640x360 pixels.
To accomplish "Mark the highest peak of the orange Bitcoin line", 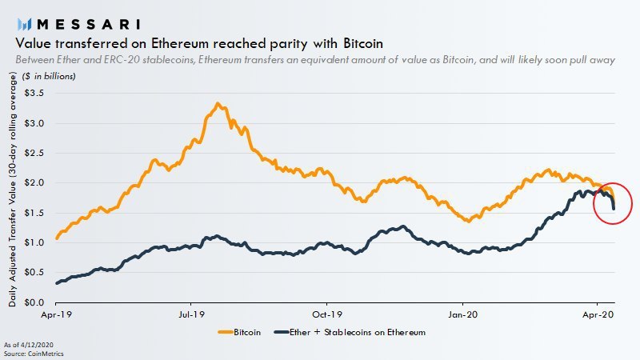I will click(x=218, y=104).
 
